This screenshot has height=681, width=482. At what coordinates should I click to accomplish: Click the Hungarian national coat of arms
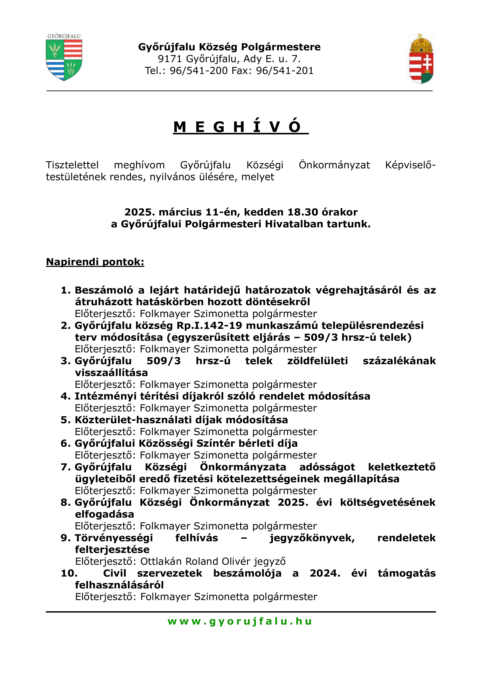tap(421, 59)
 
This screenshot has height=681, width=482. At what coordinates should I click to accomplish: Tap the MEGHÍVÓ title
tap(241, 127)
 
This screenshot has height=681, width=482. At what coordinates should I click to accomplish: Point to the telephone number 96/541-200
tap(199, 71)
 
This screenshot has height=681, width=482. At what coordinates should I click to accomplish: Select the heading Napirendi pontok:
tap(95, 262)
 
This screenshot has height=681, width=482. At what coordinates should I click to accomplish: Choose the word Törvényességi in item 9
tap(114, 538)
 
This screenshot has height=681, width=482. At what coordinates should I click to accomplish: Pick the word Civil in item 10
tap(115, 573)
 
